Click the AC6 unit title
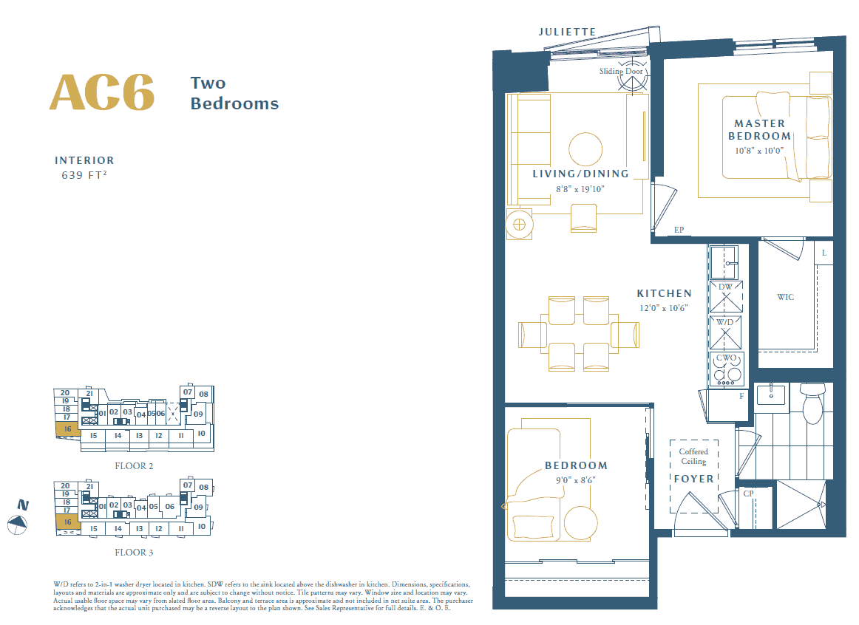click(x=102, y=92)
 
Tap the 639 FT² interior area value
click(x=84, y=175)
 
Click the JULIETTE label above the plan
click(x=567, y=32)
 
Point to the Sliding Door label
click(x=621, y=71)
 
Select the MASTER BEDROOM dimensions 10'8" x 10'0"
click(x=759, y=151)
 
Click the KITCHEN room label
click(x=665, y=293)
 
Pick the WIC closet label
click(x=785, y=297)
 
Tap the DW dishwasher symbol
click(x=726, y=296)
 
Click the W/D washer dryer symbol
click(x=725, y=332)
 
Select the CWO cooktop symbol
click(x=726, y=369)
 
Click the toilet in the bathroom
click(x=812, y=403)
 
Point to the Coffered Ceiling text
click(x=693, y=457)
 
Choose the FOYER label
click(x=693, y=479)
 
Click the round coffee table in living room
click(x=585, y=149)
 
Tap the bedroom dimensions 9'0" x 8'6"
click(x=575, y=480)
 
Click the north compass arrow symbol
click(x=18, y=525)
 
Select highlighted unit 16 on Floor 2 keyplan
click(x=68, y=429)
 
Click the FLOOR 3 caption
click(x=134, y=552)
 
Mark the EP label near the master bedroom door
click(x=679, y=230)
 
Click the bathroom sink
click(x=771, y=394)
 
